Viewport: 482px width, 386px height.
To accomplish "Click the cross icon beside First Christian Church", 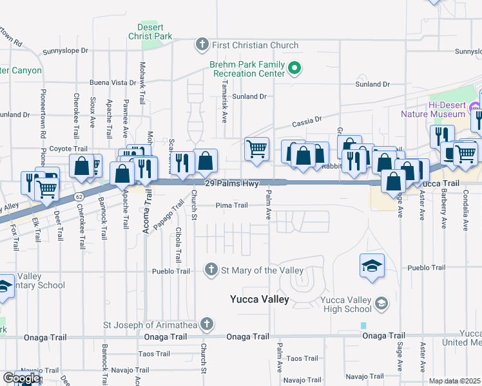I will tap(202, 45).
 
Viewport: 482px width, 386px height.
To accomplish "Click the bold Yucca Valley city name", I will tap(260, 300).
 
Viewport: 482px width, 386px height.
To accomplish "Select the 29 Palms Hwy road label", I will tap(231, 184).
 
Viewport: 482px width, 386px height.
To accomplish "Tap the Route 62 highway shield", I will tap(79, 195).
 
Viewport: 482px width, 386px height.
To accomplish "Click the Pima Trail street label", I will tap(231, 206).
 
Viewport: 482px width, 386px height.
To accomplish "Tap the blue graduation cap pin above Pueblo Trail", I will tap(372, 266).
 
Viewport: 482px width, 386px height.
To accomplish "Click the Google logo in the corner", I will tap(21, 378).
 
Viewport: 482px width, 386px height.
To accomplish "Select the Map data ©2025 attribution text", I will tap(454, 381).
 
